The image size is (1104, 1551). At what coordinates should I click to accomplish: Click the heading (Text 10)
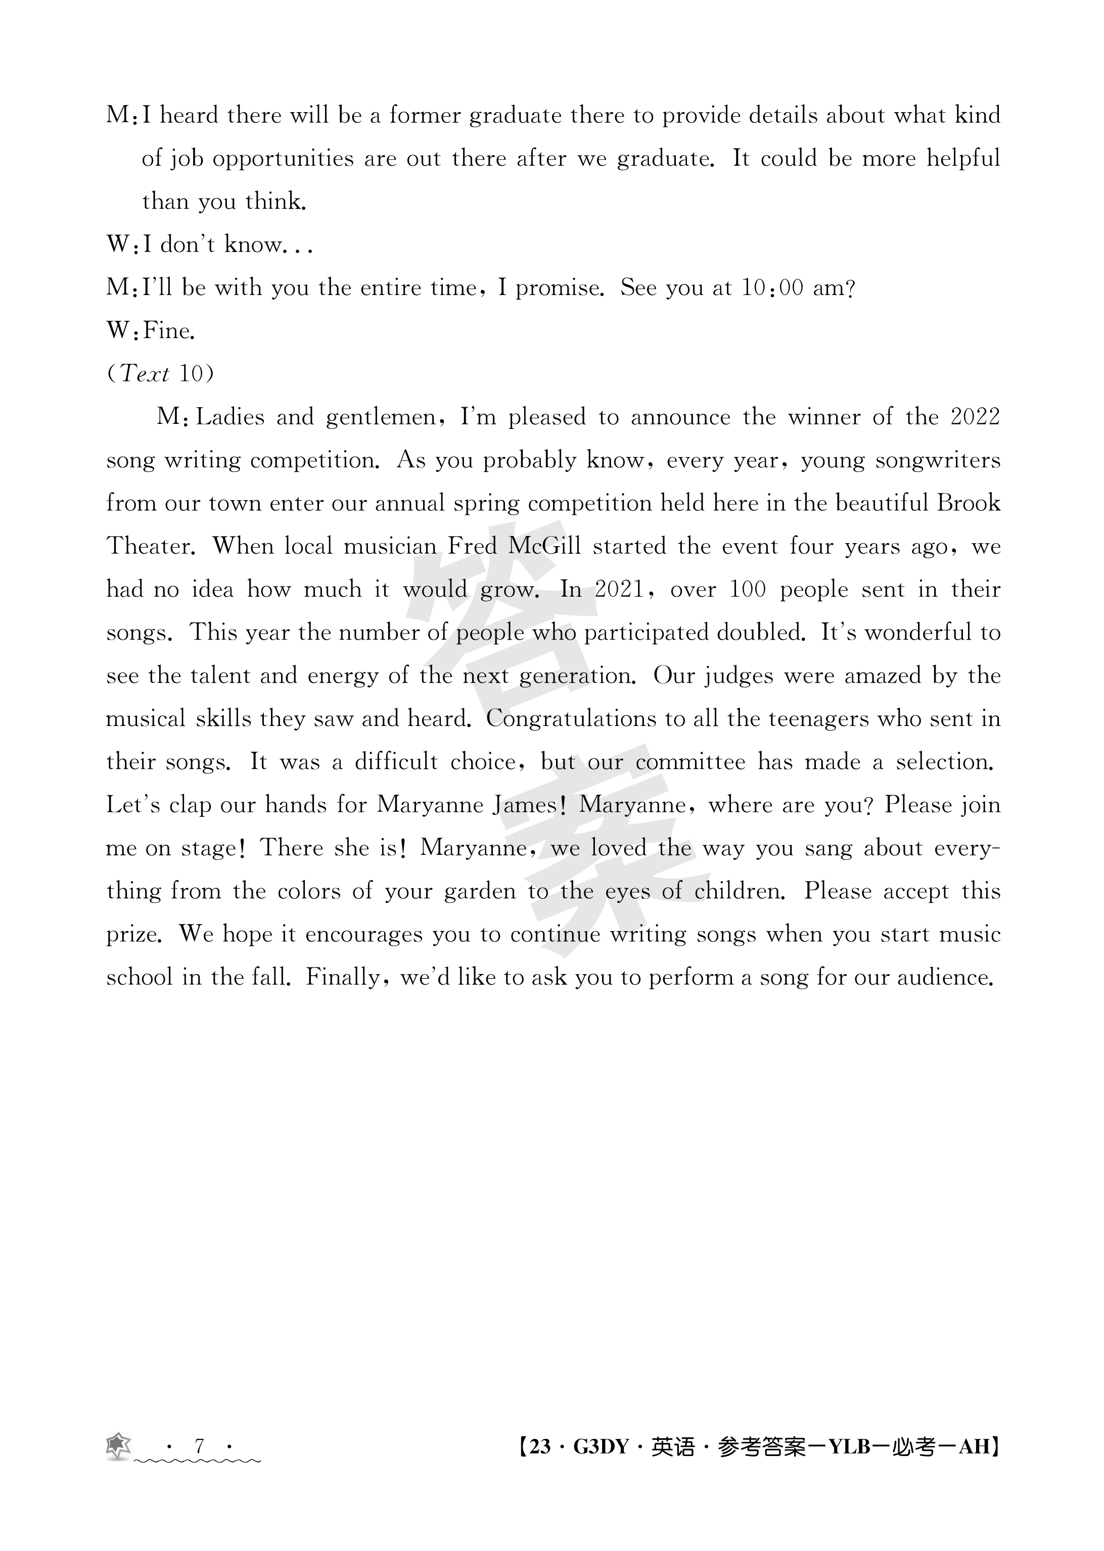click(x=160, y=374)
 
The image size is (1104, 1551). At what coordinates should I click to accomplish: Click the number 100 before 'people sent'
click(x=748, y=589)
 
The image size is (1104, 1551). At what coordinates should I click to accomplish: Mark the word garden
click(x=480, y=891)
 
